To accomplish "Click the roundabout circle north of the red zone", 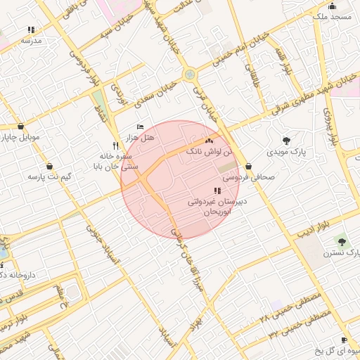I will pos(189,74).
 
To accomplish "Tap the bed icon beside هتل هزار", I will pos(140,127).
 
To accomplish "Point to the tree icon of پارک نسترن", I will pos(342,240).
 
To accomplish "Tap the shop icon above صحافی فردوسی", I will pos(249,167).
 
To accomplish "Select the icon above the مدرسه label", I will pos(31,30).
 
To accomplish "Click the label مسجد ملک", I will pos(328,15).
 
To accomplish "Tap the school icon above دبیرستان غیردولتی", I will pos(217,191).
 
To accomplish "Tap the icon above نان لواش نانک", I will pos(207,141).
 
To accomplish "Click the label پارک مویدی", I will pos(285,151).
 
